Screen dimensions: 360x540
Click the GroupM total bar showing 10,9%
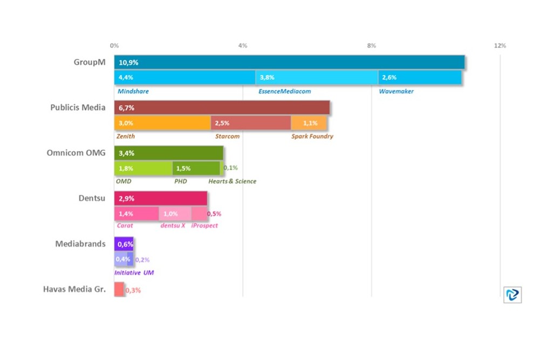click(289, 63)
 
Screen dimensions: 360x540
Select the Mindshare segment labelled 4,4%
click(184, 78)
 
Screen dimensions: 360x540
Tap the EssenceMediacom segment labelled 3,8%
click(317, 78)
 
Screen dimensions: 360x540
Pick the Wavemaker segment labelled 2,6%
click(420, 78)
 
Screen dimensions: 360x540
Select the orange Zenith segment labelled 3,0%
click(162, 123)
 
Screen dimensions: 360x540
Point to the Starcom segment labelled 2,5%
click(250, 123)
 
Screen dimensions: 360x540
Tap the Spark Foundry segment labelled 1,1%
click(309, 123)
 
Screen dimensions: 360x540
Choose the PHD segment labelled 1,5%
click(196, 168)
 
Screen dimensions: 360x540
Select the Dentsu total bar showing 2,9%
click(160, 199)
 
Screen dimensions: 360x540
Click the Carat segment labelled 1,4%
click(136, 214)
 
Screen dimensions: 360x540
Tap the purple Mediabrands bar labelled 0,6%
click(124, 244)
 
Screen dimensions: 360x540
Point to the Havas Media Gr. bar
click(119, 289)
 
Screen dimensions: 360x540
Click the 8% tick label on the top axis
click(371, 46)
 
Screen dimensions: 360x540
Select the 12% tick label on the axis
click(500, 46)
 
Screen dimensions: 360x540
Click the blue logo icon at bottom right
click(512, 294)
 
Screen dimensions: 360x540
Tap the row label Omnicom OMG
click(76, 153)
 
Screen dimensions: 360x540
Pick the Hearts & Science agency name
click(232, 181)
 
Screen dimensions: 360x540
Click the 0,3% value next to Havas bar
click(133, 290)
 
